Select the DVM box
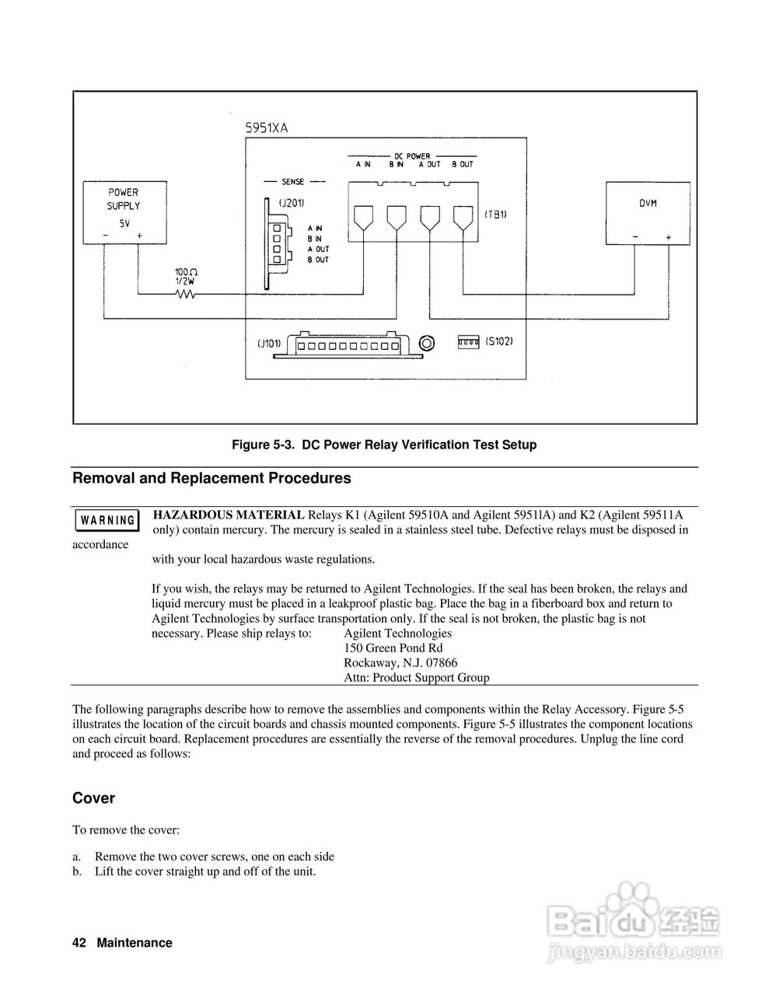coord(648,214)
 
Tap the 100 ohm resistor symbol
coord(185,294)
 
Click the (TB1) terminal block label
coord(495,214)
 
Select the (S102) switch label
coord(498,341)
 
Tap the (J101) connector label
coord(269,343)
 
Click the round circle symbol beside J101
coord(426,343)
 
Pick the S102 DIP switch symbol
coord(467,342)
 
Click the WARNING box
coord(107,520)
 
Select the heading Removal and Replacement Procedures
coord(211,479)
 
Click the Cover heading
coord(93,798)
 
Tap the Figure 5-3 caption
coord(384,445)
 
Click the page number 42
coord(79,943)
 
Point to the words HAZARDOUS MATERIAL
coord(229,515)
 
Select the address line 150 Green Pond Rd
coord(393,648)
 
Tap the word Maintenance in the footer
coord(135,943)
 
